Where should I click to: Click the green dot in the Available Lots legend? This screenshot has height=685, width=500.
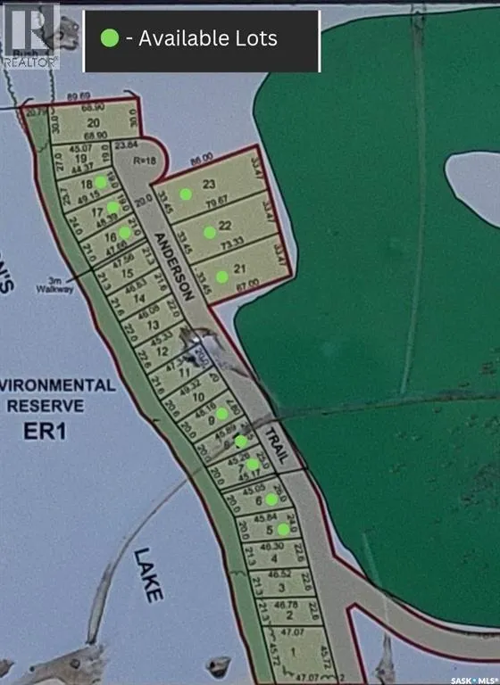(110, 38)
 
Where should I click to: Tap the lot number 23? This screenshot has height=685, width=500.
(210, 185)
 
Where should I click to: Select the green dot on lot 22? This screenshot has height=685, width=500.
(209, 233)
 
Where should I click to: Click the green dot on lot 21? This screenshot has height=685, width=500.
(221, 276)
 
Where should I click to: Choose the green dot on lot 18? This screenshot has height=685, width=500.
(102, 181)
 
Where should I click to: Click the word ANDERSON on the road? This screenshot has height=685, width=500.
(173, 265)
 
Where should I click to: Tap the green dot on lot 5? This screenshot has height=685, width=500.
(283, 529)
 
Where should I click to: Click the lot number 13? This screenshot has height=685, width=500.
(152, 326)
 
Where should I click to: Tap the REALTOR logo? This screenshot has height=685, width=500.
(30, 36)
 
